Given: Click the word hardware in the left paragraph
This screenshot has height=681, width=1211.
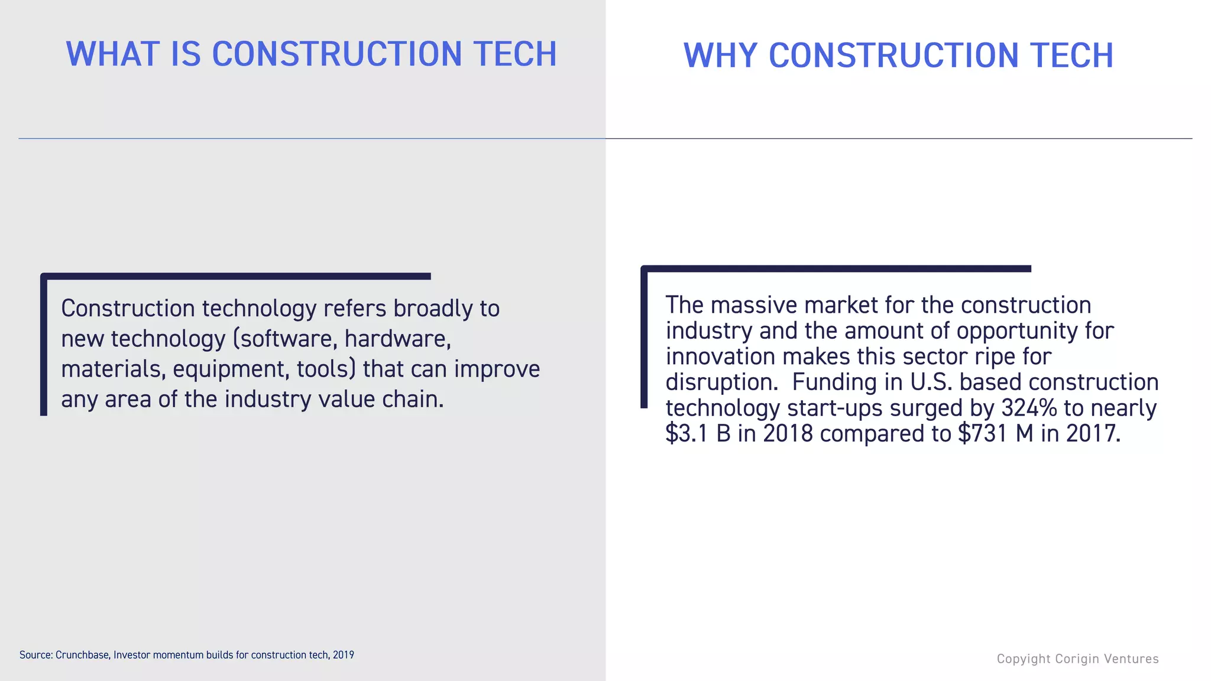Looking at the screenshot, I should click(397, 339).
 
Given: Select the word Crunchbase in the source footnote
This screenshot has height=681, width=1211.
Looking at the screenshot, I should click(82, 655).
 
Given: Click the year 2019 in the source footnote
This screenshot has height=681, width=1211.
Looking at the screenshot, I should click(344, 655).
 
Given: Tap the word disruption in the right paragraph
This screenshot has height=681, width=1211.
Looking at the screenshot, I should click(721, 382).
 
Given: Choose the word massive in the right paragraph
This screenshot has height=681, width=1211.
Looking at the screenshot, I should click(754, 306).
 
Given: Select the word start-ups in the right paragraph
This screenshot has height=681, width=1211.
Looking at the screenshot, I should click(835, 408).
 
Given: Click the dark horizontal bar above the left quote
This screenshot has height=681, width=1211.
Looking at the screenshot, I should click(237, 276).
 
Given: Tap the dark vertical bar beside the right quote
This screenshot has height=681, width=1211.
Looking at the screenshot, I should click(644, 337).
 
